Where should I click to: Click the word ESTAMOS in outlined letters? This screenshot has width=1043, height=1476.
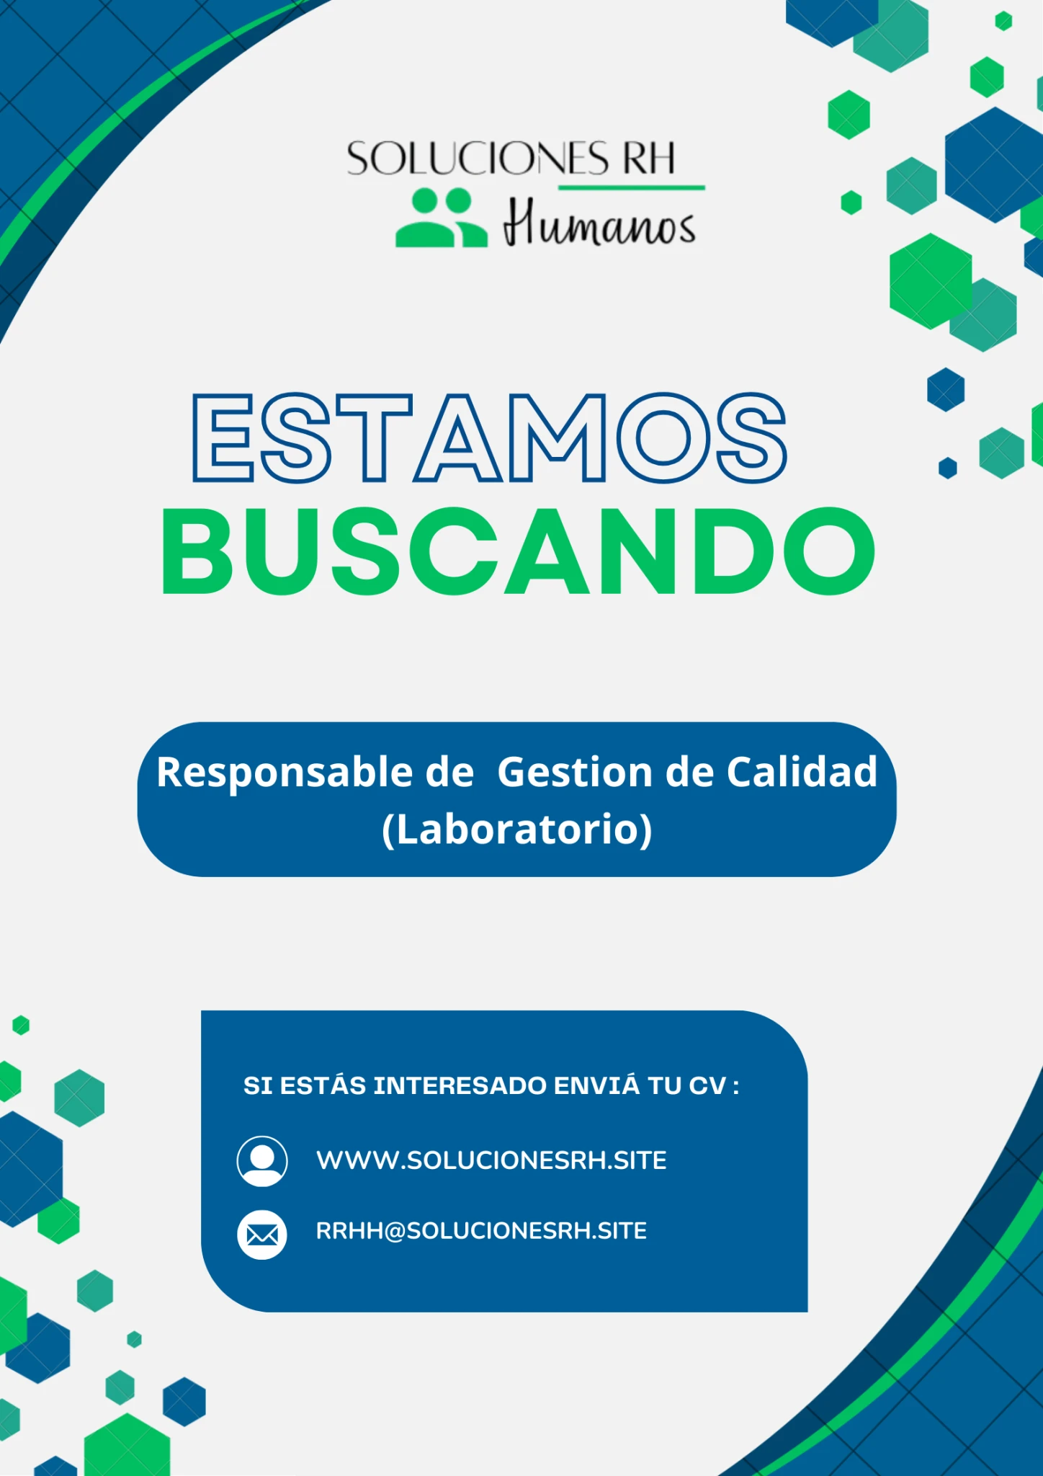(490, 437)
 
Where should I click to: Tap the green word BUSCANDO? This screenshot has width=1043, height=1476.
(518, 551)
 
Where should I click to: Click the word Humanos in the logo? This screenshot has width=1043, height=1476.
(599, 223)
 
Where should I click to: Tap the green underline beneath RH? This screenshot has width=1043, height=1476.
(632, 187)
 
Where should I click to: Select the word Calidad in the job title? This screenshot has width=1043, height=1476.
(802, 772)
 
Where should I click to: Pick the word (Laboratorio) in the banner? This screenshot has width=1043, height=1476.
(517, 830)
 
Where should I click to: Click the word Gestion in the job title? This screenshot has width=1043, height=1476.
(574, 772)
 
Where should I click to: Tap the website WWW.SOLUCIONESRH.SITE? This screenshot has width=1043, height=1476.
(491, 1160)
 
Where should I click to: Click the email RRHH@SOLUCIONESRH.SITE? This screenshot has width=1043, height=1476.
(481, 1230)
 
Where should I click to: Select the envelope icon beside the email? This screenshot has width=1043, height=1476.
(262, 1235)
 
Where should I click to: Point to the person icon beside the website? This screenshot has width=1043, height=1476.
(262, 1161)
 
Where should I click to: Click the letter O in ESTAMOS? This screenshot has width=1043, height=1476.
(663, 437)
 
